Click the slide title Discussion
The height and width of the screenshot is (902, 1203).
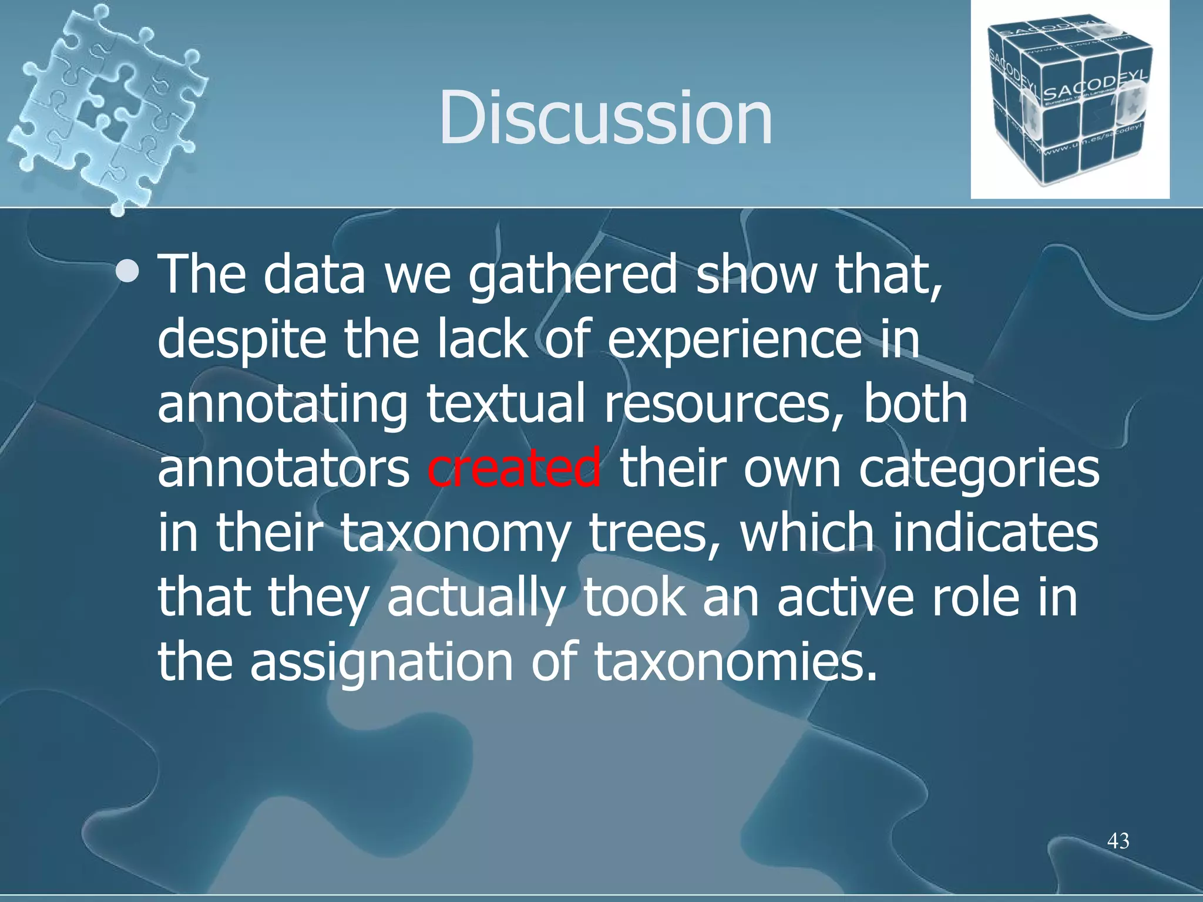(x=605, y=117)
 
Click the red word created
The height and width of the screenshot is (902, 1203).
(x=514, y=468)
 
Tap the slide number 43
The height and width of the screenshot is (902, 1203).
(x=1118, y=841)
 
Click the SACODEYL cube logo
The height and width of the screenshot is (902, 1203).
(x=1069, y=100)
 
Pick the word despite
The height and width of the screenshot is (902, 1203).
(x=241, y=341)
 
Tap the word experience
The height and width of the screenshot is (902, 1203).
(x=734, y=341)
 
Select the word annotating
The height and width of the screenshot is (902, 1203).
(x=282, y=405)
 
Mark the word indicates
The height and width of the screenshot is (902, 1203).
(x=995, y=532)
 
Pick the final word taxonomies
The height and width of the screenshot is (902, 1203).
(x=734, y=662)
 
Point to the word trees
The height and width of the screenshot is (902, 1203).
(x=655, y=533)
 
